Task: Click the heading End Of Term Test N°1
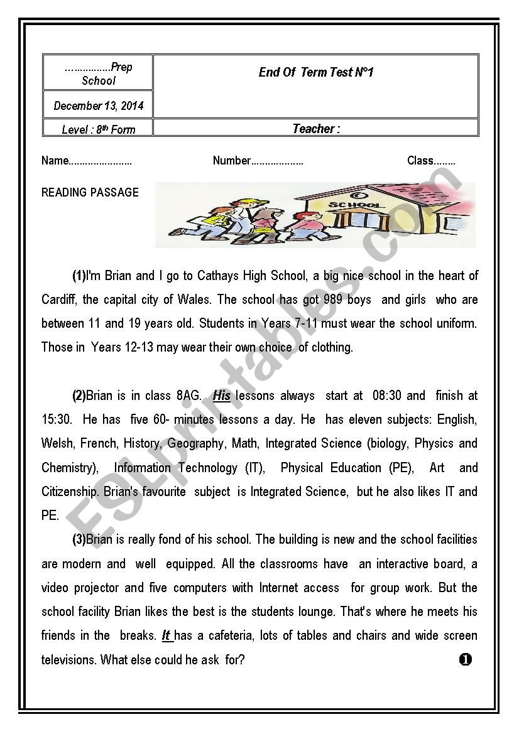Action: (x=315, y=72)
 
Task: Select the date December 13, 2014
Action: (x=98, y=105)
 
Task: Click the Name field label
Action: (x=55, y=161)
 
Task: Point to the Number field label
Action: (x=232, y=161)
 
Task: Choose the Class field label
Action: (x=420, y=161)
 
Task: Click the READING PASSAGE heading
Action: (x=90, y=192)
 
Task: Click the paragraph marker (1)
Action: (x=79, y=276)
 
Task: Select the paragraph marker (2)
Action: (x=79, y=396)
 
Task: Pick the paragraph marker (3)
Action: (x=79, y=539)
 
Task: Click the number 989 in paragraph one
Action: (x=332, y=300)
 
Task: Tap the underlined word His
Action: (x=222, y=396)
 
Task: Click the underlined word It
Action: (x=167, y=635)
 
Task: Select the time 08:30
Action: (x=386, y=396)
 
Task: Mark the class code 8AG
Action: (x=188, y=396)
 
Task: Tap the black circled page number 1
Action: (x=465, y=659)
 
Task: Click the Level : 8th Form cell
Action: (x=98, y=129)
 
